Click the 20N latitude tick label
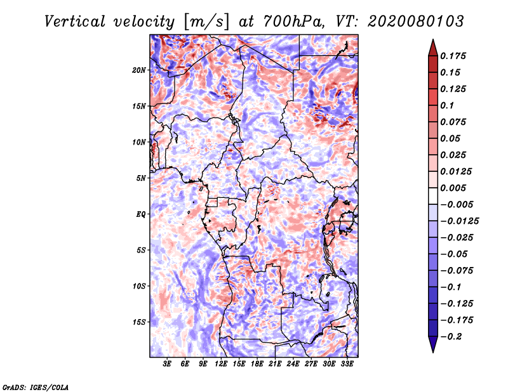click(138, 70)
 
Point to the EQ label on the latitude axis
click(140, 214)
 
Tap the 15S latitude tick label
click(138, 322)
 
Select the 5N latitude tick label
click(141, 178)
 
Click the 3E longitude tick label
click(167, 364)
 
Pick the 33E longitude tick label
click(347, 364)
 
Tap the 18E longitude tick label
click(257, 364)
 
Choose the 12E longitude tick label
click(221, 364)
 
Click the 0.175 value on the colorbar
click(453, 56)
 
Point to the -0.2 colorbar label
click(451, 337)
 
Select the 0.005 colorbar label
click(453, 188)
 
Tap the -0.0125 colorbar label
click(459, 221)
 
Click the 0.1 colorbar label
click(447, 105)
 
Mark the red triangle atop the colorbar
click(433, 48)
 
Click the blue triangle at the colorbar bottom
click(433, 344)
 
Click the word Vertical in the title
click(74, 22)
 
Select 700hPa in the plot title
click(293, 22)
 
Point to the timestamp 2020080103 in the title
click(416, 22)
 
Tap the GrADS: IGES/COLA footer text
click(36, 388)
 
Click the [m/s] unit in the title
click(206, 22)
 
